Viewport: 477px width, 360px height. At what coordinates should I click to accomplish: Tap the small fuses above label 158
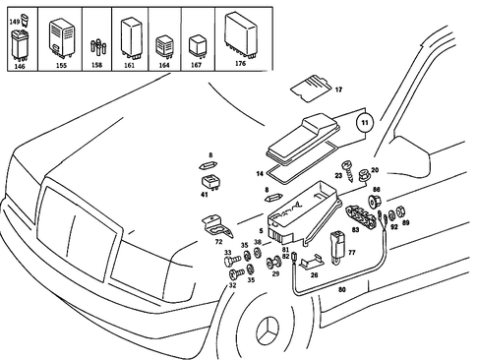pos(97,44)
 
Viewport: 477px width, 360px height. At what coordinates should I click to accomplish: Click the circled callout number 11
pos(363,124)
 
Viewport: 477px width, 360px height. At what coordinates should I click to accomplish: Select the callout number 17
pos(339,90)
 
